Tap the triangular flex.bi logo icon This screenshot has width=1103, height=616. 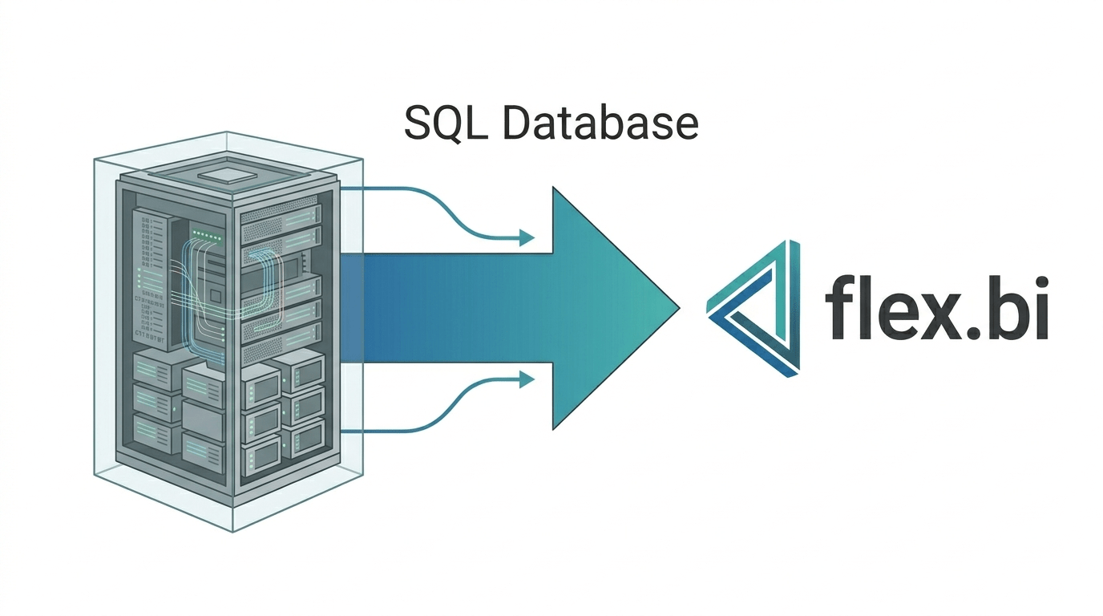(x=753, y=309)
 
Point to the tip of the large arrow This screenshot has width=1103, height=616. (x=680, y=308)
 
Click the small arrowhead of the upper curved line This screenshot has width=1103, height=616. (x=527, y=238)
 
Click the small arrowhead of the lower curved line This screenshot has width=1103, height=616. (x=527, y=379)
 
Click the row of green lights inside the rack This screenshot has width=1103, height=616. (x=207, y=234)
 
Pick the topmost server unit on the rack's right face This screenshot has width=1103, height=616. (x=281, y=213)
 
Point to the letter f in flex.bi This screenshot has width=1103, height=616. (x=838, y=307)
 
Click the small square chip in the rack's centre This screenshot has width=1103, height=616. (x=216, y=296)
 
